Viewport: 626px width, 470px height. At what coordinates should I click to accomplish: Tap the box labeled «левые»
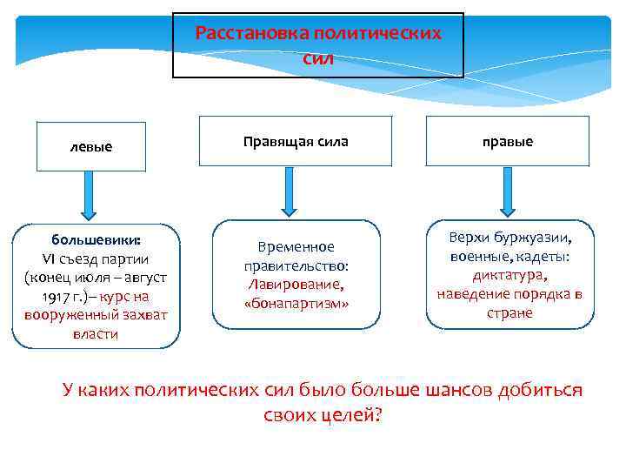tap(90, 146)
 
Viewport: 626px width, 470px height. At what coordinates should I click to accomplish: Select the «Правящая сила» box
tap(296, 141)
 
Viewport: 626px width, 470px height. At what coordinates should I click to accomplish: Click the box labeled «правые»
tap(508, 141)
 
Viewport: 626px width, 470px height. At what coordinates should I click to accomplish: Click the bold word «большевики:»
tap(90, 239)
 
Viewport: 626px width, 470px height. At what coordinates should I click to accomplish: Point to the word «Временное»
tap(296, 247)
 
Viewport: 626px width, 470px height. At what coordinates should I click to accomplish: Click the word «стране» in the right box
tap(509, 313)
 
